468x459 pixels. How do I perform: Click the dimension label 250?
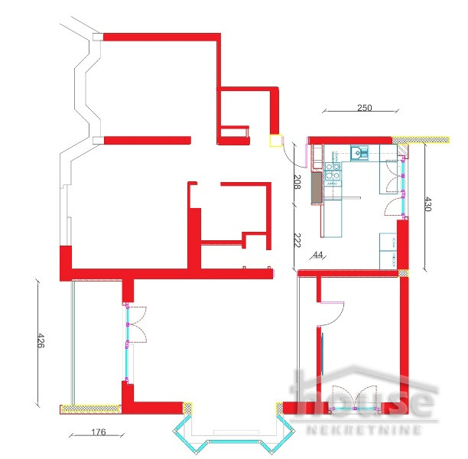point(364,108)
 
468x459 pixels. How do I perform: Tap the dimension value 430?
point(428,205)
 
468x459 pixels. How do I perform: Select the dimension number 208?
point(297,182)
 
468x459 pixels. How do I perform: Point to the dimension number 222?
point(297,239)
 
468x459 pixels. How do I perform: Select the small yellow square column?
point(274,140)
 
